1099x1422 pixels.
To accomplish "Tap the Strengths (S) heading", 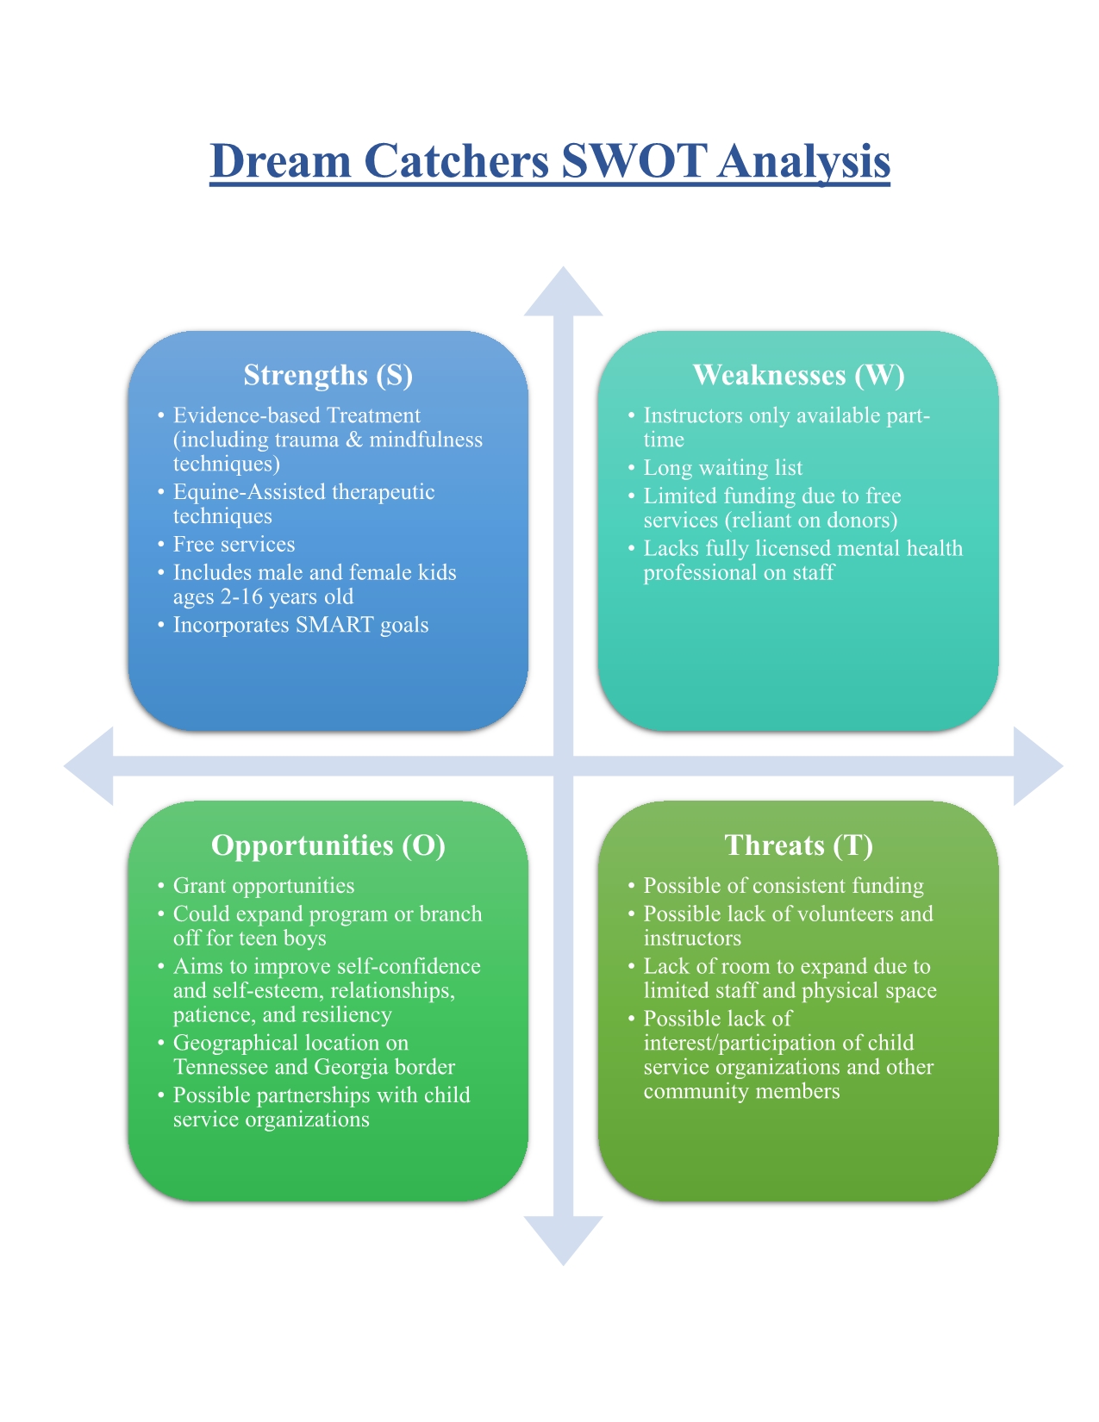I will tap(328, 375).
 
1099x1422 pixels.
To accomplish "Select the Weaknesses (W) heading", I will tap(798, 375).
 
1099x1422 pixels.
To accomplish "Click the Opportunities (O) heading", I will tap(328, 845).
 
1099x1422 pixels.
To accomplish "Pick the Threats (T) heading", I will tap(798, 845).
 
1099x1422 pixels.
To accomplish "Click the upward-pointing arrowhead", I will tap(564, 293).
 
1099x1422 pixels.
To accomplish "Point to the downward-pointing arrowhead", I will tap(564, 1238).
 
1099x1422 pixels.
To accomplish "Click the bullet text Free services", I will tap(234, 545).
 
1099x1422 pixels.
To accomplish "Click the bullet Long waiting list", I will tap(722, 468).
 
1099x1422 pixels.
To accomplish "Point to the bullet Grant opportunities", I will tap(264, 886).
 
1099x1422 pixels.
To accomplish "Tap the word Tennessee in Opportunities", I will tap(222, 1067).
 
